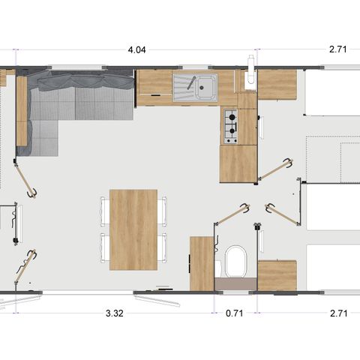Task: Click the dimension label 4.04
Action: pos(136,50)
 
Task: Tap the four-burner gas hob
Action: pos(231,126)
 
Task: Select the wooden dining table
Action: pos(133,229)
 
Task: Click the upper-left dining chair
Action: pos(103,211)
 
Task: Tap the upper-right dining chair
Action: pos(163,211)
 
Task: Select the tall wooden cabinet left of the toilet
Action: pos(201,262)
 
